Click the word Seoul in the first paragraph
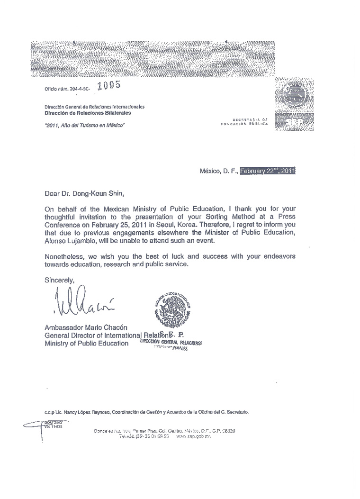click(171, 223)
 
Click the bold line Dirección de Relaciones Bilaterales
click(88, 113)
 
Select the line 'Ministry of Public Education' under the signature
click(86, 343)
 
